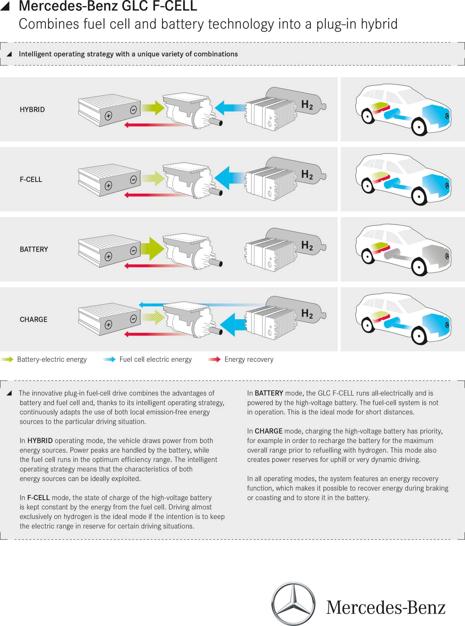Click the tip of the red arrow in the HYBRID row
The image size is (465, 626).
click(x=124, y=125)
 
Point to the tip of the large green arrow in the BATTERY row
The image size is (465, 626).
click(x=165, y=249)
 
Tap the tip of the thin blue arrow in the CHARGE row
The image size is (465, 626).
click(x=139, y=305)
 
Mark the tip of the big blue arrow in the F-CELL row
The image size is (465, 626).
click(x=214, y=178)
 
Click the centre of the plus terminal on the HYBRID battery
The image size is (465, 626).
click(x=108, y=115)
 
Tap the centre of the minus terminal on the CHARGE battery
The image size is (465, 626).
click(x=133, y=319)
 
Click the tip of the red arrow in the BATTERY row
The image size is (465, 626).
click(x=124, y=266)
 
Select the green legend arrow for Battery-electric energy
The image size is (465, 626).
click(x=7, y=359)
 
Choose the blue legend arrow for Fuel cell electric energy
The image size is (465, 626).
click(x=109, y=359)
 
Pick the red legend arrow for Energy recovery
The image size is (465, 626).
click(x=214, y=359)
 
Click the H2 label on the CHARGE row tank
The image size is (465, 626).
click(x=307, y=313)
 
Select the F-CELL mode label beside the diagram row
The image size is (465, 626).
click(x=31, y=179)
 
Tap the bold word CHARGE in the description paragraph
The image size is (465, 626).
click(x=269, y=431)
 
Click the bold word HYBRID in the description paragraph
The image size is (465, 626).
click(x=40, y=440)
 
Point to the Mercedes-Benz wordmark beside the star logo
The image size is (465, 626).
click(x=386, y=607)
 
